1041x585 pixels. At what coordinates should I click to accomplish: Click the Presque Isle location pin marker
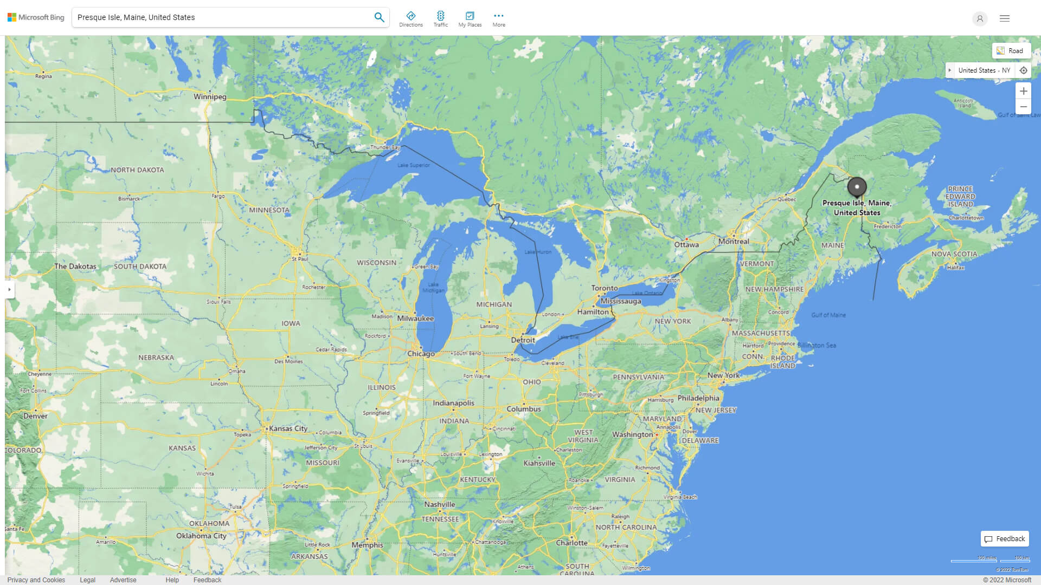click(x=857, y=187)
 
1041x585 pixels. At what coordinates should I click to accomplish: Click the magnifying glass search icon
click(x=379, y=17)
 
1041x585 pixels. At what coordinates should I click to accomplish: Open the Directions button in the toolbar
click(x=410, y=19)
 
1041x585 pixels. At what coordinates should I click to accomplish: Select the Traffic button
click(x=440, y=19)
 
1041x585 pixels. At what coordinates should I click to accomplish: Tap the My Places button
click(x=470, y=19)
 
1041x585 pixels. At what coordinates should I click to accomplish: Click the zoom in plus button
click(x=1023, y=91)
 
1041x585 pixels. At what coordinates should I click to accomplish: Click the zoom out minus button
click(x=1023, y=107)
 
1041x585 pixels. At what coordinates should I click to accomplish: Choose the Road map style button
click(x=1011, y=50)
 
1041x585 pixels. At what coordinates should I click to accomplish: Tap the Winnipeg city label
click(x=210, y=96)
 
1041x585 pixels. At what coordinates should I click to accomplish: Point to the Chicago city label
click(x=421, y=354)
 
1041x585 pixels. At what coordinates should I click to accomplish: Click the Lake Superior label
click(x=413, y=165)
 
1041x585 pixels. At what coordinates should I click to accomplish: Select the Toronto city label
click(x=604, y=288)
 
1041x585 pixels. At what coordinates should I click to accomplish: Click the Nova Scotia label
click(x=954, y=254)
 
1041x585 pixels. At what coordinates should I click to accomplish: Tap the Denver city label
click(x=35, y=416)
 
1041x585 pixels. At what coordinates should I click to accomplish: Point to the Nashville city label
click(x=439, y=504)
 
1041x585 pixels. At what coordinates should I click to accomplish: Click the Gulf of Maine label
click(x=828, y=315)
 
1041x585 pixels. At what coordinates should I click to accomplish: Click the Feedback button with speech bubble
click(x=1004, y=538)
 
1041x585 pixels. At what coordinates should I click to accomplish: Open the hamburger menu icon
click(x=1004, y=18)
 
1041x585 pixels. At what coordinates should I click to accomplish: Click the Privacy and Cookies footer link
click(x=36, y=580)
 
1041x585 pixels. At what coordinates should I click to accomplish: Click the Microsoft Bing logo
click(x=36, y=17)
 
